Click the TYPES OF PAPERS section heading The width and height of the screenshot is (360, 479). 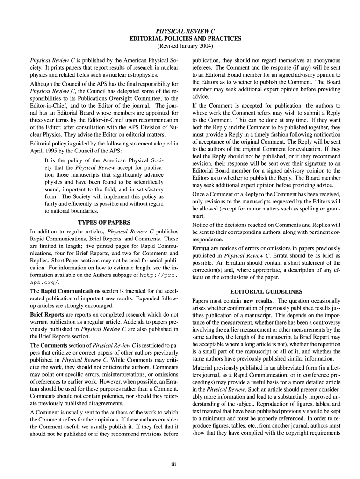(x=104, y=222)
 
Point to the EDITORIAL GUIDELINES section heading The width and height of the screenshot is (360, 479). (x=266, y=291)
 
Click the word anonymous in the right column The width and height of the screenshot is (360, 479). (x=324, y=60)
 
